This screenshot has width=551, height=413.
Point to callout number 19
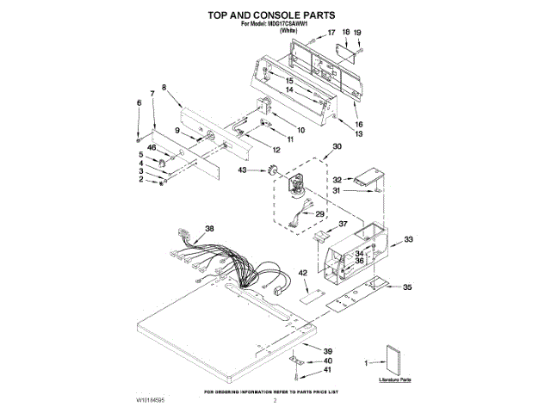pos(358,33)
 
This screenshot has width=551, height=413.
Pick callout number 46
pos(152,147)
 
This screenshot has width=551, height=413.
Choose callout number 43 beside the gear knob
pos(242,170)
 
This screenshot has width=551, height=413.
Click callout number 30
pos(337,147)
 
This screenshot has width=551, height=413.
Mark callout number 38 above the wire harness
pos(208,228)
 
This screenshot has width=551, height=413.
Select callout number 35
pos(408,287)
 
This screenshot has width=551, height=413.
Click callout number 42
pos(302,273)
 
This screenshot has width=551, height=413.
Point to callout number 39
pos(327,351)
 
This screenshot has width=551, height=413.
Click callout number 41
pos(327,370)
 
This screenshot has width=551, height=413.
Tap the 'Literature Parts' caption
pos(395,378)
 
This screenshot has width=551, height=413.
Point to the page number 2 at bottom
pos(275,400)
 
